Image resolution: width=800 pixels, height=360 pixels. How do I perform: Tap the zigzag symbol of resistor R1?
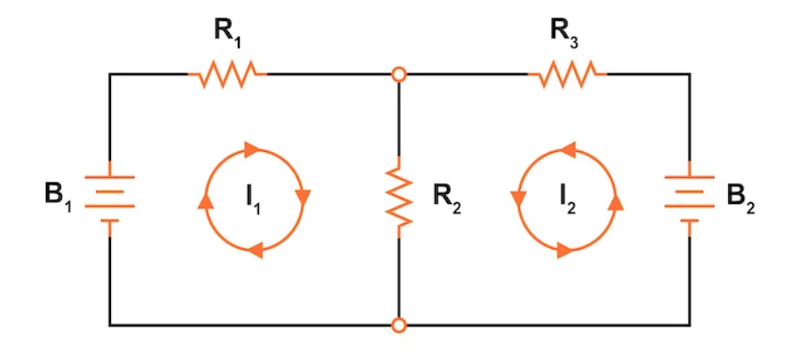pyautogui.click(x=228, y=75)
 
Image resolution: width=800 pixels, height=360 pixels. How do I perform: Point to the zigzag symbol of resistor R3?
pyautogui.click(x=568, y=75)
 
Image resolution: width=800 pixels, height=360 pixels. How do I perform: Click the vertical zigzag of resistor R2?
pyautogui.click(x=400, y=196)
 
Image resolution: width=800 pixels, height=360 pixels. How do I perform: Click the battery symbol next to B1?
pyautogui.click(x=109, y=198)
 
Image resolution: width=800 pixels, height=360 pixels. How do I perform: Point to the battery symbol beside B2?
pyautogui.click(x=689, y=198)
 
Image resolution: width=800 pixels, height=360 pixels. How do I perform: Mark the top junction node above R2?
pyautogui.click(x=400, y=75)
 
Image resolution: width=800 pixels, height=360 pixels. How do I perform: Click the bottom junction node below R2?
pyautogui.click(x=400, y=324)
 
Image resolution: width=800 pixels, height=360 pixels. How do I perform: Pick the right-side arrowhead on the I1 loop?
pyautogui.click(x=303, y=196)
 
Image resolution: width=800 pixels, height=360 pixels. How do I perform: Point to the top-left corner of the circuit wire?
pyautogui.click(x=109, y=75)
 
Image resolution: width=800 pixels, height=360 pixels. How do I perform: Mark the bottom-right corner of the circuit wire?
pyautogui.click(x=690, y=324)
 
